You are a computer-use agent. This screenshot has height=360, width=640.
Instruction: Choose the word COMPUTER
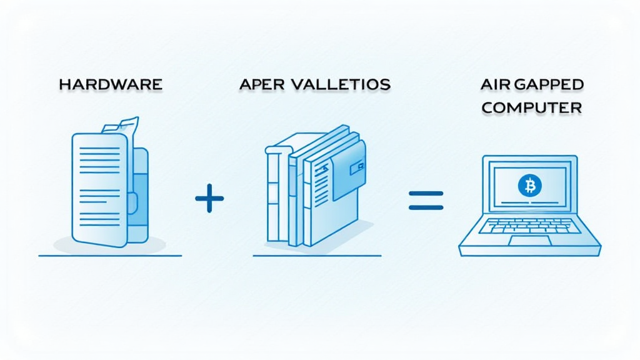[532, 107]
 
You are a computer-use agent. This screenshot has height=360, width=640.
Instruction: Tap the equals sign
[426, 200]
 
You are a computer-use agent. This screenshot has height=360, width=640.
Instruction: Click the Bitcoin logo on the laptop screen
[530, 185]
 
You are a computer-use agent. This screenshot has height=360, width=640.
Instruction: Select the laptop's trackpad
[529, 241]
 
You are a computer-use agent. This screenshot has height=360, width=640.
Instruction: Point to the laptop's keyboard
[530, 226]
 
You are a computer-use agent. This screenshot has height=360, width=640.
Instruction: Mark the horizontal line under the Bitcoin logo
[530, 202]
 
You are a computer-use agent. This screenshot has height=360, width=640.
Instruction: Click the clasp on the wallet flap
[359, 167]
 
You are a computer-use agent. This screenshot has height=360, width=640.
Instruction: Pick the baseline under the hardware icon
[110, 256]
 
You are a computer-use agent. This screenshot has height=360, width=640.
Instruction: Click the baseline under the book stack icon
[317, 256]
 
